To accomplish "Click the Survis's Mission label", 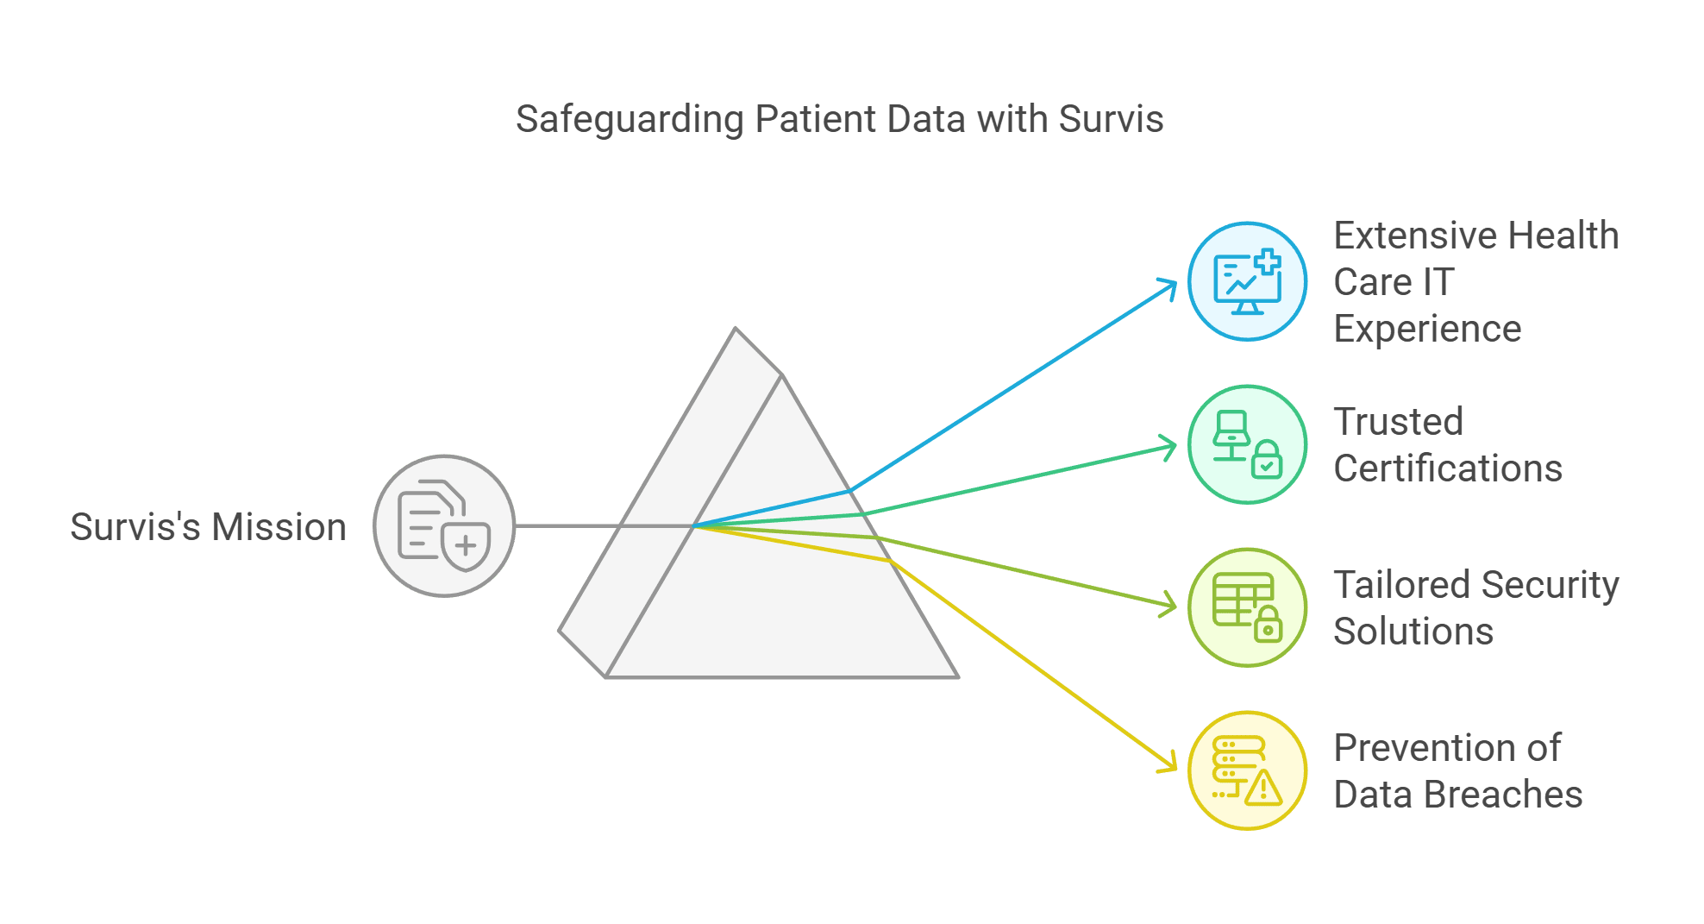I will (x=208, y=527).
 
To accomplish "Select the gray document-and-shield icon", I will (x=444, y=525).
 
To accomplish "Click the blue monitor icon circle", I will (x=1247, y=281).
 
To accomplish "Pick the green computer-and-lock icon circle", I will (x=1247, y=444).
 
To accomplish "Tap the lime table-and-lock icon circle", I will (x=1247, y=607).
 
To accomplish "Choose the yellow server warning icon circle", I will (x=1247, y=770).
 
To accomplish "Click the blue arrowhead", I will (x=1171, y=285).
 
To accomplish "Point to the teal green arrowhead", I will (x=1171, y=447).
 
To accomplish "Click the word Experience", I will (x=1427, y=329).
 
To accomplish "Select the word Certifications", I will (x=1448, y=468).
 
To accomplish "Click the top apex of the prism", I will (x=736, y=329).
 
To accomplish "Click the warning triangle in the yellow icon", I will (x=1263, y=789).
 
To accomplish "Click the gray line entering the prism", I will (x=569, y=525).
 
